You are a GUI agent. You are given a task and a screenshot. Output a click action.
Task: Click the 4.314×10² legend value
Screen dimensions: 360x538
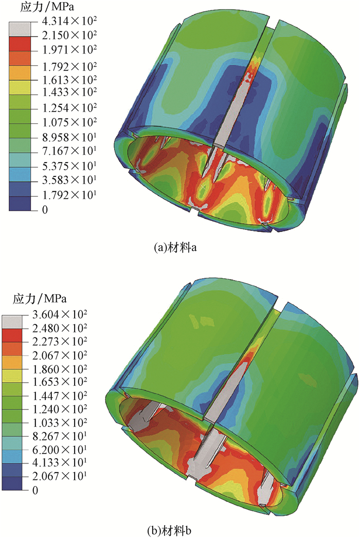69,21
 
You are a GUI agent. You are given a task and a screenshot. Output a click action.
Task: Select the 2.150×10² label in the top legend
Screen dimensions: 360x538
69,35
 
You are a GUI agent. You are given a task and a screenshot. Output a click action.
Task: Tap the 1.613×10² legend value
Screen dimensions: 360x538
69,80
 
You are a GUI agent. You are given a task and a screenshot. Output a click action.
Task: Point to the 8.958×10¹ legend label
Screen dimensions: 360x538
69,137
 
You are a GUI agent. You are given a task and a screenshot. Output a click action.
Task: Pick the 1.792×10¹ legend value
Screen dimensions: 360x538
69,195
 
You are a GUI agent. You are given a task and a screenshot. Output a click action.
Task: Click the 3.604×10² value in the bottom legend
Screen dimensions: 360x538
60,314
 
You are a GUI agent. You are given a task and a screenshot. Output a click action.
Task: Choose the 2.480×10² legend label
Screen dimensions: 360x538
60,328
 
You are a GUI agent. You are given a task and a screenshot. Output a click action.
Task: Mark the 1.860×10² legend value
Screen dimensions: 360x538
60,369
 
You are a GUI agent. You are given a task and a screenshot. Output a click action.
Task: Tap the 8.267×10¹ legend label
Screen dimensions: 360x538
60,436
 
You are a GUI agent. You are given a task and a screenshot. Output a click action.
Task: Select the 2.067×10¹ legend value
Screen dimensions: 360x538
60,476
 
